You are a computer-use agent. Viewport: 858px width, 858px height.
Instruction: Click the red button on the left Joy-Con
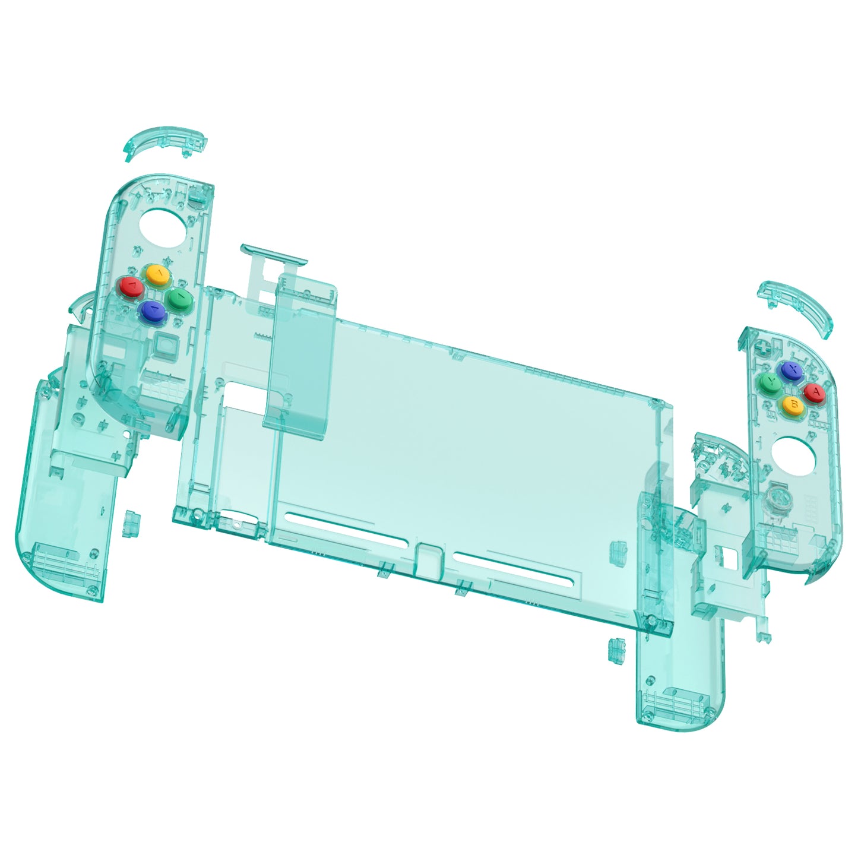coord(131,288)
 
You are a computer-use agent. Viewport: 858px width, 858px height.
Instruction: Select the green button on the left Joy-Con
coord(179,297)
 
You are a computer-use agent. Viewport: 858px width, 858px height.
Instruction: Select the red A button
coord(815,392)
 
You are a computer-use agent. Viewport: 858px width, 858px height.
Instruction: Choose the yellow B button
coord(792,405)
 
